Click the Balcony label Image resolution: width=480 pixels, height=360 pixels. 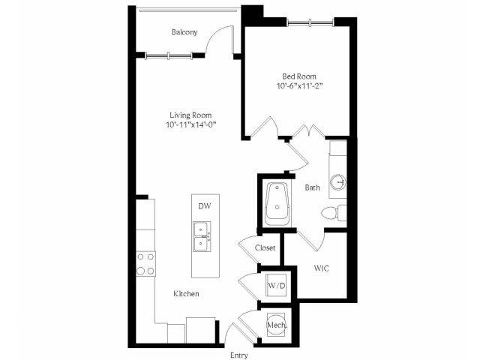[184, 32]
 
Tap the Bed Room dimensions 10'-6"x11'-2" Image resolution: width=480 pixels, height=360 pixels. [300, 86]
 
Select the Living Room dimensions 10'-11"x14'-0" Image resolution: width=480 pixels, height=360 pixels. [191, 125]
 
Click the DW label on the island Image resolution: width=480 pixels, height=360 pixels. [205, 206]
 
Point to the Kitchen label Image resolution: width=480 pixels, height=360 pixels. [186, 293]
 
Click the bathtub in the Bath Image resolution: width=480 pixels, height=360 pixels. [277, 204]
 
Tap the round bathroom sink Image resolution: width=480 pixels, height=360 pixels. [338, 182]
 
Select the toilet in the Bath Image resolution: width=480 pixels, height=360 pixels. [334, 213]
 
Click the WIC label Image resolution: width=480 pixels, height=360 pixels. [322, 268]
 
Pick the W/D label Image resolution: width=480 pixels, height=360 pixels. [277, 286]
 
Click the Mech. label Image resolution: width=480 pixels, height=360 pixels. [277, 325]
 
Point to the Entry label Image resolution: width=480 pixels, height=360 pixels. [239, 355]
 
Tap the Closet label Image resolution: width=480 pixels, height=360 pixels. [265, 247]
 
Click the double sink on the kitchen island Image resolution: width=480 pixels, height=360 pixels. [202, 237]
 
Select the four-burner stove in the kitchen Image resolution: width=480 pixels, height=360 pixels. [145, 264]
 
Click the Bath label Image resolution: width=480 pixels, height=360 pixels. [313, 187]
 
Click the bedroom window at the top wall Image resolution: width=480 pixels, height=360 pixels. [310, 22]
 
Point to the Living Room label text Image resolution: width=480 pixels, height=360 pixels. [190, 115]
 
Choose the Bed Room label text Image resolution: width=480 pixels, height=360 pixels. [299, 76]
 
